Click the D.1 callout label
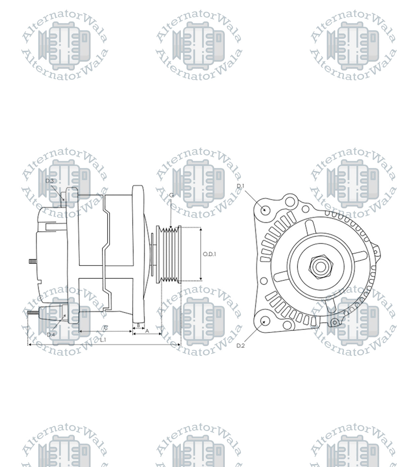tap(241, 186)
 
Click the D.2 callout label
tap(241, 346)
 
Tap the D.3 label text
tap(49, 181)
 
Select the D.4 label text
tap(51, 335)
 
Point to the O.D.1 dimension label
tap(209, 254)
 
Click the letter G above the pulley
tap(171, 195)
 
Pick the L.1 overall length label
tap(103, 340)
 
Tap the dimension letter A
tap(147, 331)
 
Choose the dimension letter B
tap(138, 325)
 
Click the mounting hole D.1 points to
tap(265, 210)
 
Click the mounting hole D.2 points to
tap(265, 321)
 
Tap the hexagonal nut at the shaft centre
tap(320, 267)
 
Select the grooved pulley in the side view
tap(169, 254)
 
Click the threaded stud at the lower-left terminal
tap(33, 313)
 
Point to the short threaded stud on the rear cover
tap(33, 261)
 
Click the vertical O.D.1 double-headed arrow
tap(201, 254)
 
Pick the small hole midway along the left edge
tap(264, 281)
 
